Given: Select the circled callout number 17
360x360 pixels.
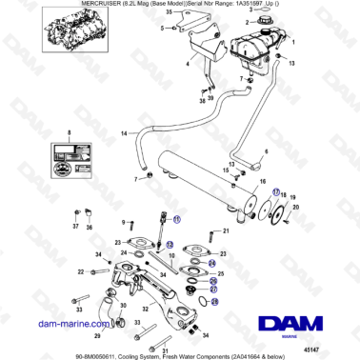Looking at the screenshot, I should click(x=277, y=190).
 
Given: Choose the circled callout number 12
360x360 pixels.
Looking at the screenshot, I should click(x=170, y=245).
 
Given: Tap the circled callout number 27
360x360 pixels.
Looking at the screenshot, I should click(x=213, y=290).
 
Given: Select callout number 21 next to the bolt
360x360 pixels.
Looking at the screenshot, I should click(x=226, y=230).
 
